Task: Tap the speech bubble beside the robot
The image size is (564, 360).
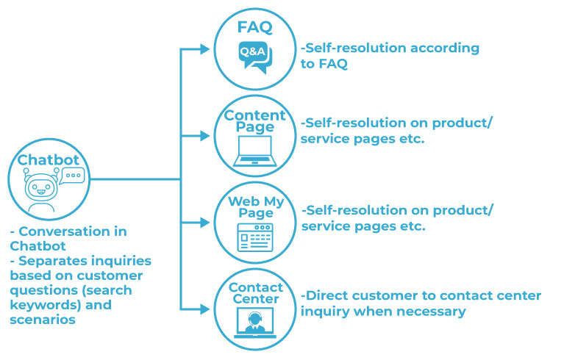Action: (73, 176)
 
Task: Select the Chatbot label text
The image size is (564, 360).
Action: (49, 159)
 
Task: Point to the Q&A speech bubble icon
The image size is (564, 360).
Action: (254, 56)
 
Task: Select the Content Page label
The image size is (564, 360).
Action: (254, 121)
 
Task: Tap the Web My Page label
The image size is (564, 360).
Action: (254, 206)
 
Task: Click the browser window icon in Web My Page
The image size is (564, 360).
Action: (254, 237)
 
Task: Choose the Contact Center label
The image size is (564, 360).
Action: (255, 292)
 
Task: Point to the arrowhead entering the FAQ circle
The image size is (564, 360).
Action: (206, 50)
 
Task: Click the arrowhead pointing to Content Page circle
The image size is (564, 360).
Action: (206, 136)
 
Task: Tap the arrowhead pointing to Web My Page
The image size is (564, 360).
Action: (206, 222)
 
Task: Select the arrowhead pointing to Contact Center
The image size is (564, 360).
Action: (206, 308)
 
